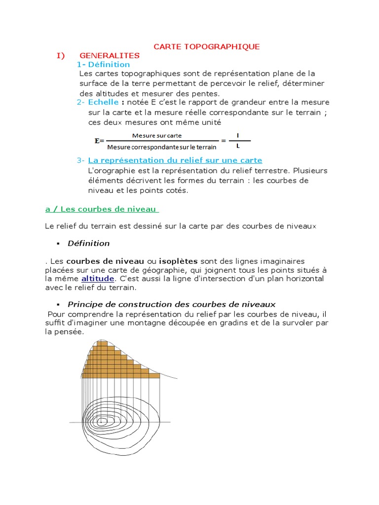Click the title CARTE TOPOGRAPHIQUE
(x=206, y=46)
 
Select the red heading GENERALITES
(x=110, y=56)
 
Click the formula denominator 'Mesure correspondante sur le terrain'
(x=162, y=146)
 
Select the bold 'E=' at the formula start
(x=99, y=141)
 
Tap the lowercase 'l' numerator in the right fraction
(x=239, y=135)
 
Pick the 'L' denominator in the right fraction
(x=239, y=146)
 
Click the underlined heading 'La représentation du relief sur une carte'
(x=175, y=160)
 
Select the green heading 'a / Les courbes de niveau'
(x=101, y=209)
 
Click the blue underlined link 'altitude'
(x=97, y=279)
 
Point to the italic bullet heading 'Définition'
(x=88, y=243)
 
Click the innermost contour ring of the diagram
(x=101, y=422)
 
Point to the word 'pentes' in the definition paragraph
(x=207, y=93)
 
